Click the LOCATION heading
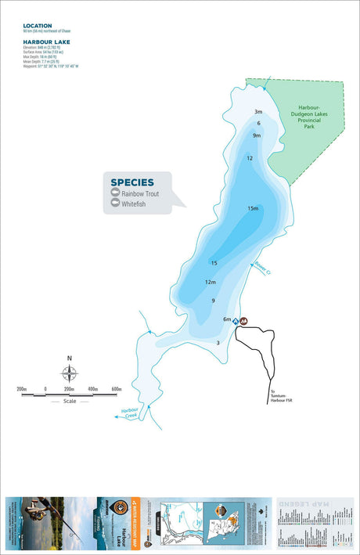[x=38, y=25]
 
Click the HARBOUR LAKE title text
[x=47, y=41]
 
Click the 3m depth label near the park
[x=258, y=112]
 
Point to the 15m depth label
[x=252, y=208]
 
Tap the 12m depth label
[x=210, y=282]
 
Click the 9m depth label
[x=256, y=135]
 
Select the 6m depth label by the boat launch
[x=227, y=319]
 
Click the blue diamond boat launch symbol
[x=236, y=321]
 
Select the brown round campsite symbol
[x=244, y=321]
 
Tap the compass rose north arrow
[x=70, y=373]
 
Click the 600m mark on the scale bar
[x=116, y=389]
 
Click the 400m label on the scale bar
[x=92, y=389]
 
